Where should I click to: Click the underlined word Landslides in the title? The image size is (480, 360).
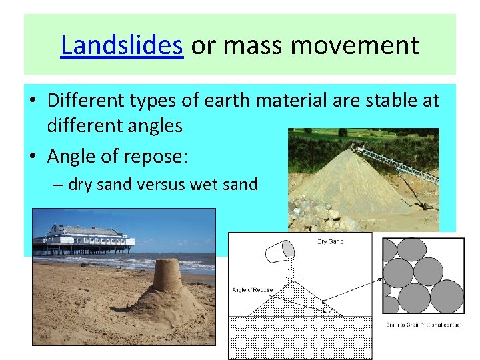(x=121, y=46)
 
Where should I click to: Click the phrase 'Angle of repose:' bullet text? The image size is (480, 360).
(x=118, y=156)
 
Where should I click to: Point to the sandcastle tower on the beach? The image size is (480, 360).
(x=167, y=275)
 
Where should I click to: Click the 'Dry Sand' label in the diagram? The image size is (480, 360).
(x=331, y=241)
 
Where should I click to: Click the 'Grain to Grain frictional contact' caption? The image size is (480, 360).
(x=424, y=325)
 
